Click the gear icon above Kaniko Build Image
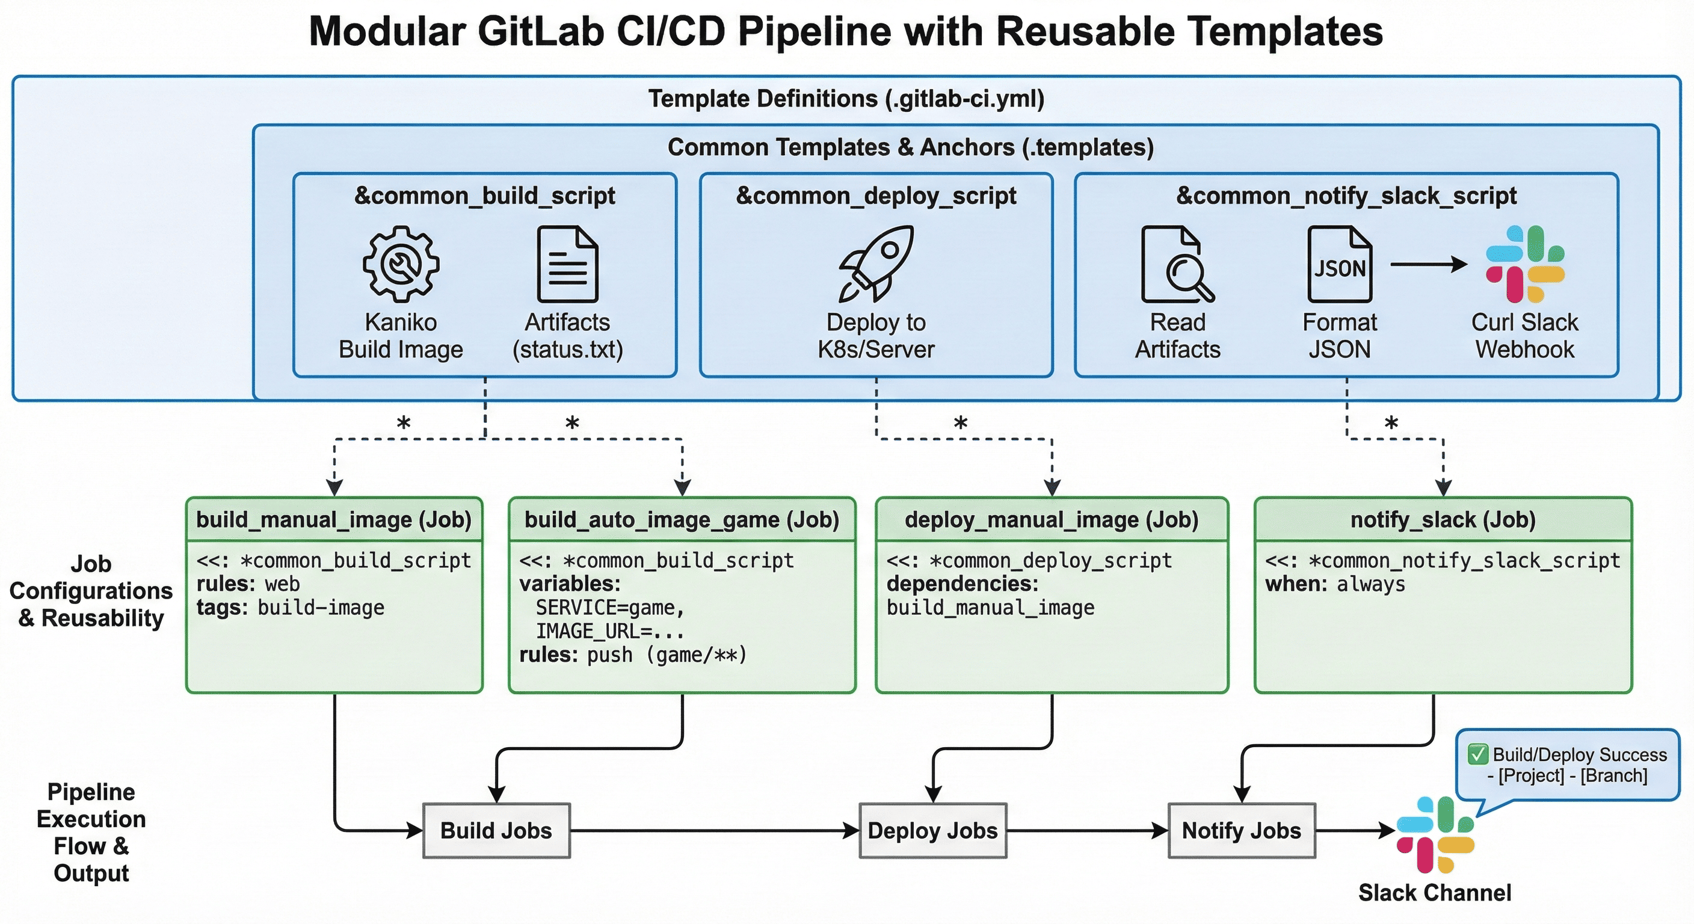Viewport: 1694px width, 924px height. click(x=401, y=263)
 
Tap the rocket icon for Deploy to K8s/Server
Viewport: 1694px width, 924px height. click(x=876, y=263)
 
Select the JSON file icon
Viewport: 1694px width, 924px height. click(x=1340, y=263)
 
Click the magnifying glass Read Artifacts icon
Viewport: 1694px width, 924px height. click(x=1177, y=263)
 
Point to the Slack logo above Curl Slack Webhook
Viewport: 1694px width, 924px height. click(x=1525, y=263)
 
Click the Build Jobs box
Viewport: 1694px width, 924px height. click(x=496, y=831)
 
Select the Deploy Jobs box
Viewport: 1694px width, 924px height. click(x=932, y=831)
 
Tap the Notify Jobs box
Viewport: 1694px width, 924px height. click(x=1242, y=831)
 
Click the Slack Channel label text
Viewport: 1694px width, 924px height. click(x=1435, y=893)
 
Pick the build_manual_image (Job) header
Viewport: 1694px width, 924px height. click(x=334, y=520)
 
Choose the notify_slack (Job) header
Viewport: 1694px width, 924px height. click(x=1443, y=520)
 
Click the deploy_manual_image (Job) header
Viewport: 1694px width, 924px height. click(x=1052, y=520)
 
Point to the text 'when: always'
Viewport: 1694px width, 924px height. click(x=1335, y=584)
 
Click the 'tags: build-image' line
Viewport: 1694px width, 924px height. click(x=290, y=608)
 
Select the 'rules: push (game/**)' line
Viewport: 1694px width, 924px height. click(x=633, y=655)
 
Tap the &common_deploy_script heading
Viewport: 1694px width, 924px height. click(x=876, y=196)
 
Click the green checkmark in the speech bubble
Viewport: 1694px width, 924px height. click(x=1477, y=754)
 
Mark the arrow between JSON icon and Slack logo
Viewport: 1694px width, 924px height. click(x=1428, y=264)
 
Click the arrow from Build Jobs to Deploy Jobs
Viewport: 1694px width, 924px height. click(x=714, y=831)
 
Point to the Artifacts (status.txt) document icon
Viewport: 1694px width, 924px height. click(x=567, y=263)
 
